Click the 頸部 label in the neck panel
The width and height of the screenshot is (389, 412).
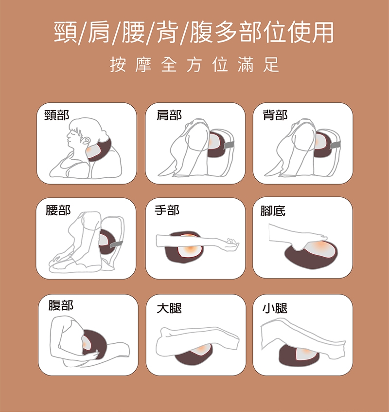(x=57, y=115)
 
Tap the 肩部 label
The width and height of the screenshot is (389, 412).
(x=169, y=115)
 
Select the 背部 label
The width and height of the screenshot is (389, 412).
(x=275, y=115)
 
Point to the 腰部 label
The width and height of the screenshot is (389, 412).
(x=58, y=210)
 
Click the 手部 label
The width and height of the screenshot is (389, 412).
(x=167, y=210)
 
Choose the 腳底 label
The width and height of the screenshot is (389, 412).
(x=273, y=211)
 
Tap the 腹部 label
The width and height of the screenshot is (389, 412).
(x=61, y=305)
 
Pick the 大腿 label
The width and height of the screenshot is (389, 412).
(x=169, y=308)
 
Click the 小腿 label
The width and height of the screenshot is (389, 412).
(x=275, y=308)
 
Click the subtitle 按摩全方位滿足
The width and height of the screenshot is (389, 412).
(x=194, y=65)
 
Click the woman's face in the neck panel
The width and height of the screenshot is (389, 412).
(x=73, y=138)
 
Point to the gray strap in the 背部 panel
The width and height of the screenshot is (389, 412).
(x=335, y=145)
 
